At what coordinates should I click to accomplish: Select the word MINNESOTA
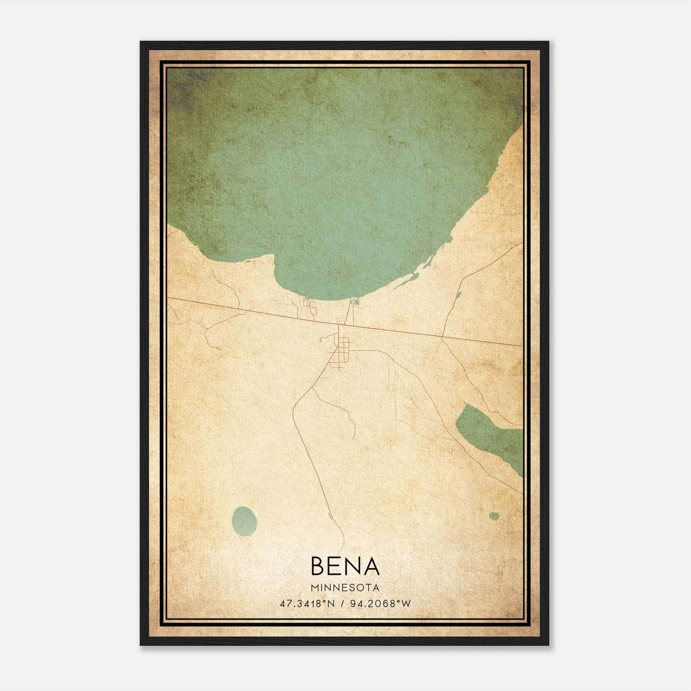(345, 588)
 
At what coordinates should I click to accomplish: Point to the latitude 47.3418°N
(307, 604)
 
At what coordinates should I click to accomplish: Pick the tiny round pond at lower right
(494, 516)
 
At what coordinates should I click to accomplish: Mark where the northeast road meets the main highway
(442, 336)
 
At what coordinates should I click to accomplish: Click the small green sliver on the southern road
(330, 515)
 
